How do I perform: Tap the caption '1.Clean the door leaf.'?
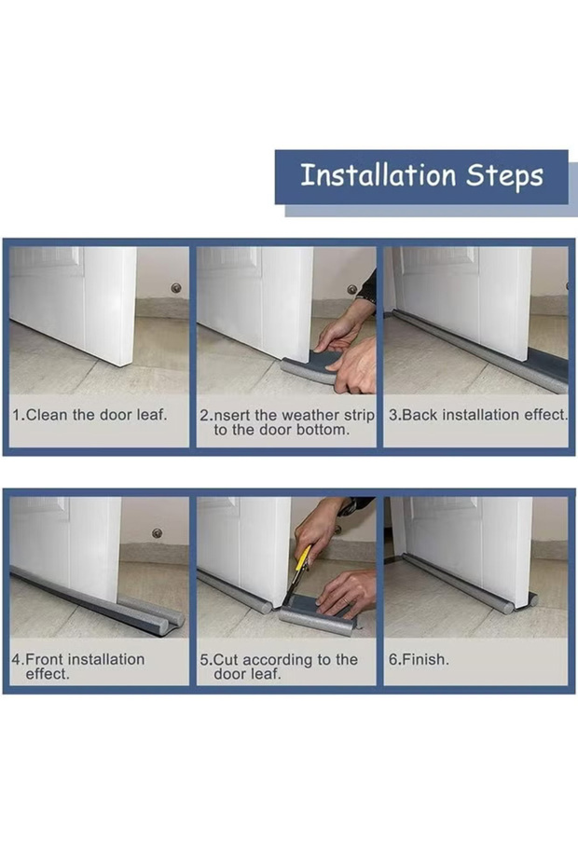point(90,415)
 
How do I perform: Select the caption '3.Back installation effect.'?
point(477,415)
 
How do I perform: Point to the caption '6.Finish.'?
point(418,659)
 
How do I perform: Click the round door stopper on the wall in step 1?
point(175,288)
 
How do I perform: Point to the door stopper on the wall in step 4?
point(157,533)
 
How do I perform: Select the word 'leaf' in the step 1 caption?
point(150,415)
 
